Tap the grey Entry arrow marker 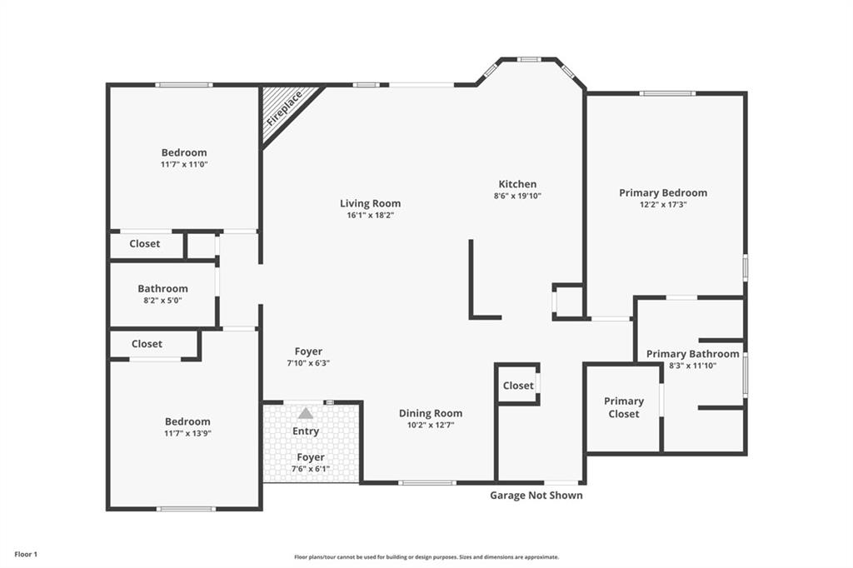[x=306, y=413]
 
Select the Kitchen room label [x=517, y=184]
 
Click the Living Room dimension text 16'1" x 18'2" [x=370, y=215]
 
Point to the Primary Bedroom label [x=663, y=192]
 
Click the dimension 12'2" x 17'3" [x=663, y=205]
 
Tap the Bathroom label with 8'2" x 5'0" [x=162, y=288]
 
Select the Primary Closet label [x=624, y=407]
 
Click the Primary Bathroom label [x=692, y=354]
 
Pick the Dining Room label [x=431, y=413]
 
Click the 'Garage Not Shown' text [x=536, y=495]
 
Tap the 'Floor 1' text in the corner [x=26, y=555]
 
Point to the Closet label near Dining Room [x=518, y=386]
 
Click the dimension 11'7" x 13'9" [x=187, y=434]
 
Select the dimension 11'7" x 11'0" [x=184, y=164]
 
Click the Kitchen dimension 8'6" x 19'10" [x=517, y=196]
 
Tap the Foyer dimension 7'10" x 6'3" [x=308, y=363]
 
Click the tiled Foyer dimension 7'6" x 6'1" [x=310, y=468]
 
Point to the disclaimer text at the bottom [x=426, y=557]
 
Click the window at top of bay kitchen [x=528, y=59]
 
